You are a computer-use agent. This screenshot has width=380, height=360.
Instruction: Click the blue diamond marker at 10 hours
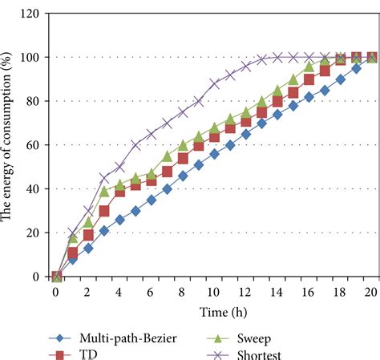214,154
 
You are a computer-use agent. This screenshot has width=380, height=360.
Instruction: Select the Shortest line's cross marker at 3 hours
103,178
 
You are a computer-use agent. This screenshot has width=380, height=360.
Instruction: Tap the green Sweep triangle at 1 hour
72,238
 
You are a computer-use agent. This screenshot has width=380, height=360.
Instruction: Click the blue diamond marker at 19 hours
357,68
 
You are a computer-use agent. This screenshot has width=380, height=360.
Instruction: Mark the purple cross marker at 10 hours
214,83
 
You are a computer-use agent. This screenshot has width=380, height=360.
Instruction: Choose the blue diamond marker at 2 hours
88,248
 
